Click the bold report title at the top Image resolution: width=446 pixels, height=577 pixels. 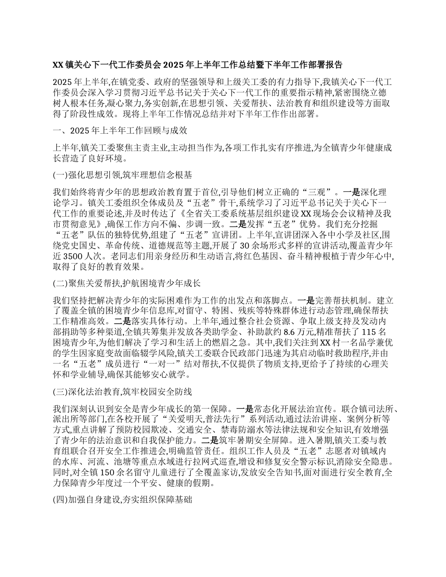[197, 65]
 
